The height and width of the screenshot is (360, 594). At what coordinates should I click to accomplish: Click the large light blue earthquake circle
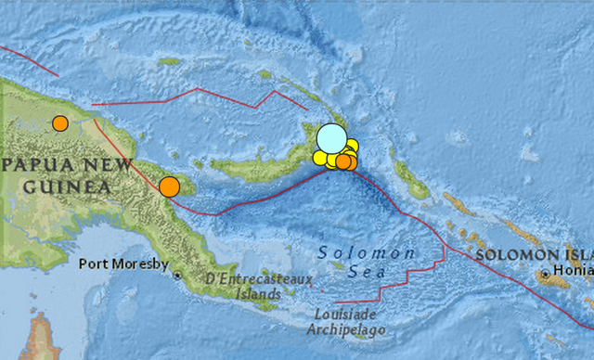pos(330,138)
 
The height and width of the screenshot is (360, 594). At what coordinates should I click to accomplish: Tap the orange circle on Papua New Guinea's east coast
pos(169,186)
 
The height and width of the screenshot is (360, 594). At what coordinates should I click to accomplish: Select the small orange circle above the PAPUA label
pos(60,122)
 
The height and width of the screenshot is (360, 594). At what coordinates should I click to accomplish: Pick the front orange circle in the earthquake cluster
pos(342,162)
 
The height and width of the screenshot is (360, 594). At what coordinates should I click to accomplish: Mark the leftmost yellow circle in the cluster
pos(319,158)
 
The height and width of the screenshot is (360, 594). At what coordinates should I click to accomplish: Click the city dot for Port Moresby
pos(176,276)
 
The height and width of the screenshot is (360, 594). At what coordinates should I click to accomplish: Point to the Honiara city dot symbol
pos(544,275)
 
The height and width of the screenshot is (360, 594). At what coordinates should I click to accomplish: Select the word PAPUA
pos(32,167)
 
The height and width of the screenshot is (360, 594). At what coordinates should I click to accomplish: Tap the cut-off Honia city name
pos(573,271)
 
